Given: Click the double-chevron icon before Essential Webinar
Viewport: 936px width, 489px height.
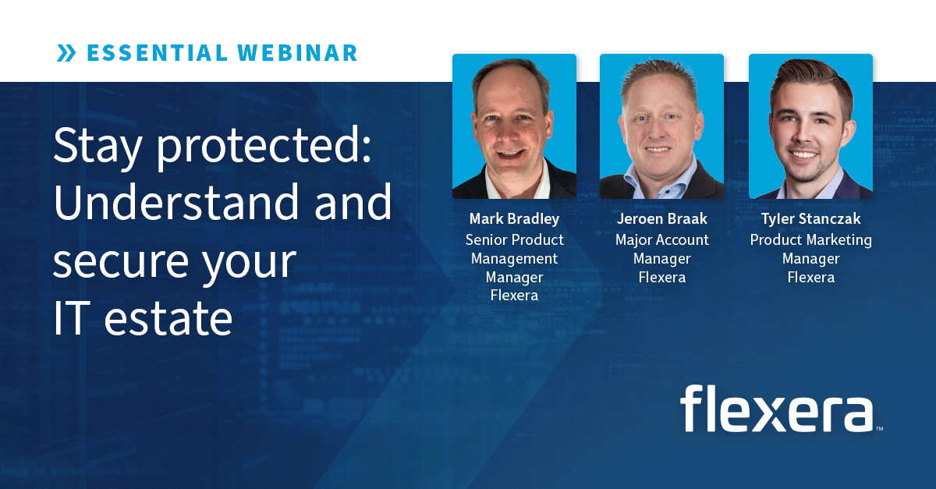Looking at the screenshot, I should [67, 53].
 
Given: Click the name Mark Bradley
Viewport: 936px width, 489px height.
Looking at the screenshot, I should [514, 218].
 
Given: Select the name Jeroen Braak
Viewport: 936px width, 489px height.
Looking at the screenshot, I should [661, 218].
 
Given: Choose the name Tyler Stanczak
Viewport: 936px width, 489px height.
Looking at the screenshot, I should [810, 218].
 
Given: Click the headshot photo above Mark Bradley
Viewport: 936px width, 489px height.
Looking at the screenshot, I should [514, 126].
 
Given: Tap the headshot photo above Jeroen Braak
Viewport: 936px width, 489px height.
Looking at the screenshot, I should [661, 126].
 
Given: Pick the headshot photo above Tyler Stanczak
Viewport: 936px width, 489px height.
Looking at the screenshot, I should [810, 126].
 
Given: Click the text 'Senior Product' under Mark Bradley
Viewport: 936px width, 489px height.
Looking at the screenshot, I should [514, 239].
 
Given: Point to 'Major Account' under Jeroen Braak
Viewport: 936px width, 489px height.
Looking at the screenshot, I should [661, 239].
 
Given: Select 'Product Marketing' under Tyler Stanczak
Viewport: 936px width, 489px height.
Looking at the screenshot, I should [810, 239].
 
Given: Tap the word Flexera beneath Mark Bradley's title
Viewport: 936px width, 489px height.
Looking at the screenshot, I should [514, 296].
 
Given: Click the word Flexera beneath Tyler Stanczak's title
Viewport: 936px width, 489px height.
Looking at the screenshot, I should [810, 277].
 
